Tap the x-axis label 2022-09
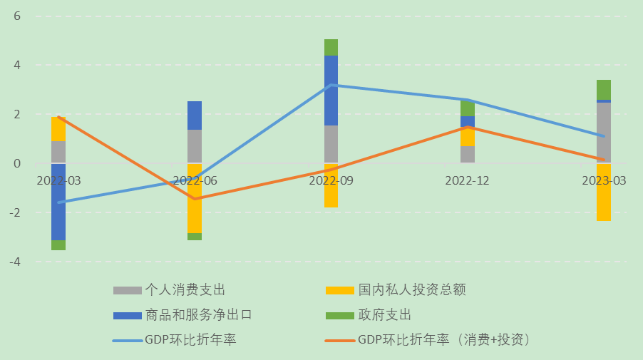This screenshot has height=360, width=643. coord(331,181)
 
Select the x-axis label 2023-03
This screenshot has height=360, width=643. coord(604,181)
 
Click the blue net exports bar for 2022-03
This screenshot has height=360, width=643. coord(58,202)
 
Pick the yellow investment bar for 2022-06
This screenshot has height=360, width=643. coord(195,198)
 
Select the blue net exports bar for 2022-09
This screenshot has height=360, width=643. coord(331,91)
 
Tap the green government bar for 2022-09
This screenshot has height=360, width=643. coord(331,47)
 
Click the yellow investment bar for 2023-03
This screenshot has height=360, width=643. coord(604,192)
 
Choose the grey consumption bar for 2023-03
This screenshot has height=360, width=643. coord(604,133)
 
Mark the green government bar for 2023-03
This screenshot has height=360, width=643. coord(604,90)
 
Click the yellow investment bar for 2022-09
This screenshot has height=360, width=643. coord(331,185)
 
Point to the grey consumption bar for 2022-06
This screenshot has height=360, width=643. coord(195,146)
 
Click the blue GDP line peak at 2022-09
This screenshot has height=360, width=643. coord(331,85)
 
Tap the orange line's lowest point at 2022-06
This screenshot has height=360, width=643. coord(195,199)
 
